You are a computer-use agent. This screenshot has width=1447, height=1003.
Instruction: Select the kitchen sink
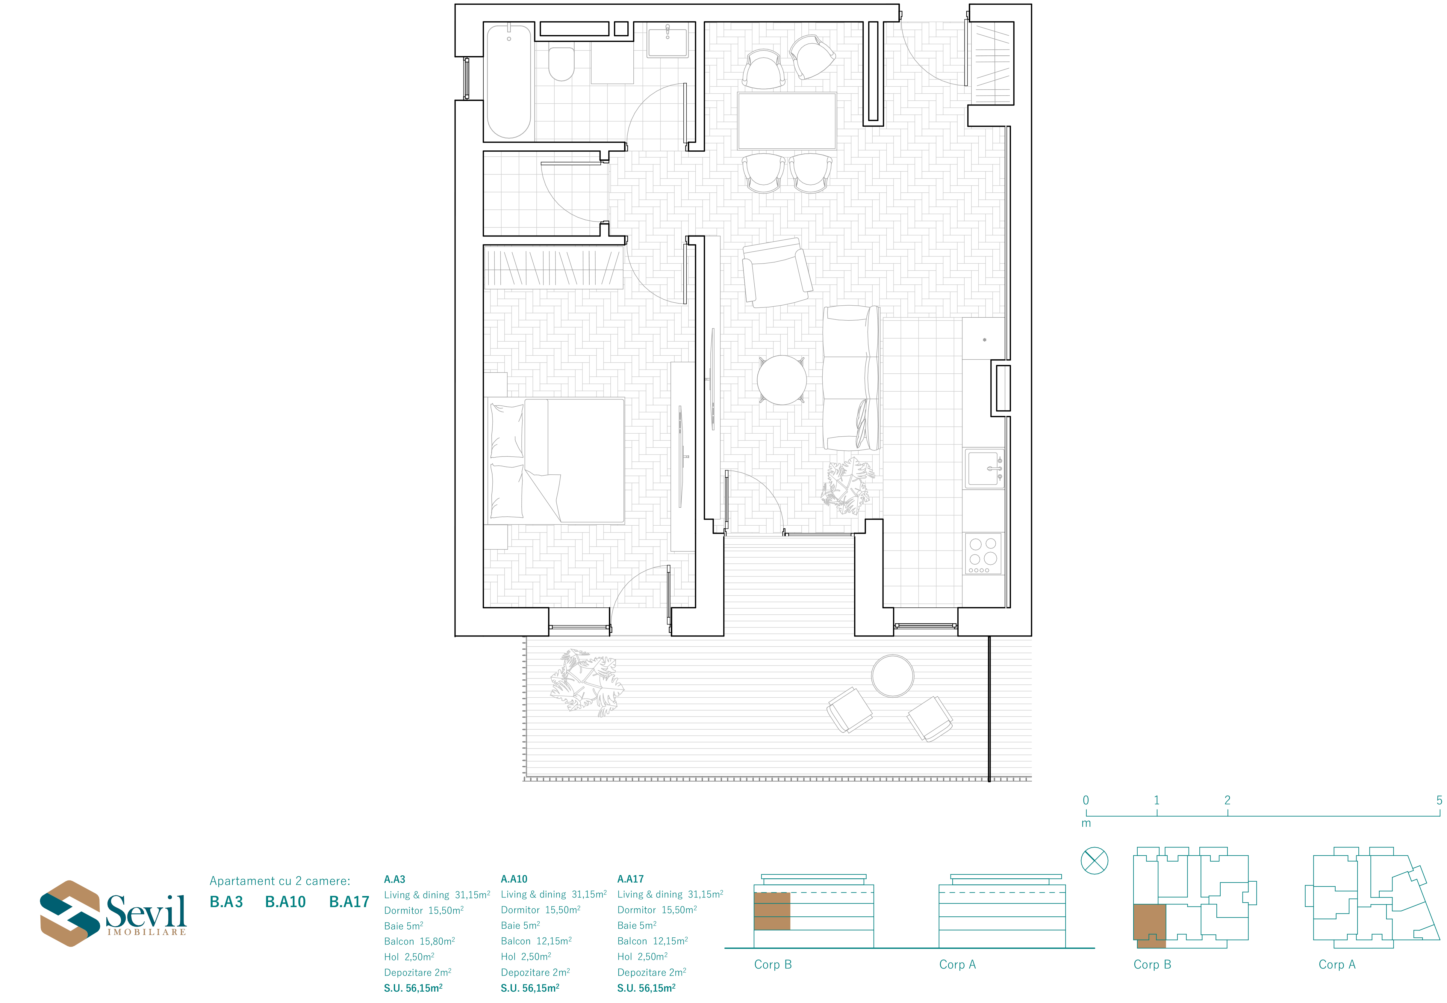coord(984,468)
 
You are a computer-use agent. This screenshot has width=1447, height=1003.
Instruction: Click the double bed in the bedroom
coord(556,461)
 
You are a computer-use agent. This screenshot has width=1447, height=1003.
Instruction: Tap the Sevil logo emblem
coord(70,913)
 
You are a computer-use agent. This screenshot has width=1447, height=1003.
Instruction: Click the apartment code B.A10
coord(285,902)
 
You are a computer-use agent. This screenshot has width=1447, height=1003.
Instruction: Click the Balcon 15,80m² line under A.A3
coord(420,941)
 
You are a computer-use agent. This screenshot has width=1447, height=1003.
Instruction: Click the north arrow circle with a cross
coord(1094,861)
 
